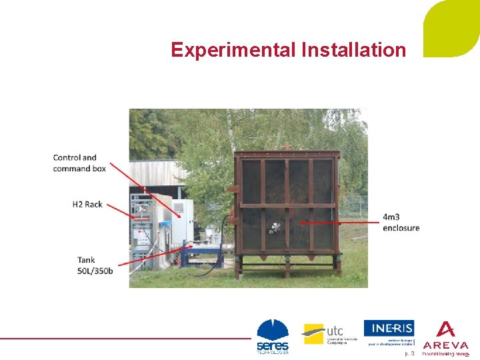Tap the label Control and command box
79,163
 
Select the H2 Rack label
87,204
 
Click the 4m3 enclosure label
401,222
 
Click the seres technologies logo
273,336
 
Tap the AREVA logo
445,337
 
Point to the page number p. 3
409,353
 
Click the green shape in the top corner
453,27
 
